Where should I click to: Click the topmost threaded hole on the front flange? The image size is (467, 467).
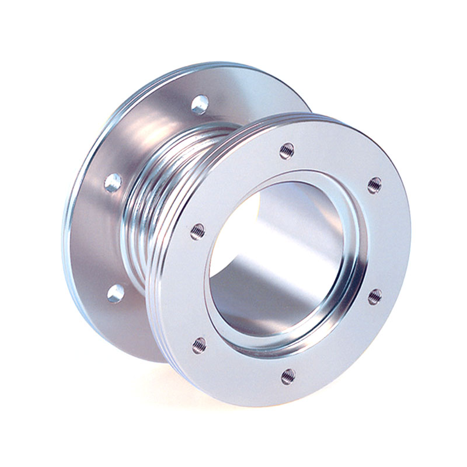point(287,151)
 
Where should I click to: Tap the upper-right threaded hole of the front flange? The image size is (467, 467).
point(374,185)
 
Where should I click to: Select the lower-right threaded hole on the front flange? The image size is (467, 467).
point(375,296)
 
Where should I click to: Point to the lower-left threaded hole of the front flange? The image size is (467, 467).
point(200,344)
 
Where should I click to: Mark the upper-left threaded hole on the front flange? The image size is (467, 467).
point(198,231)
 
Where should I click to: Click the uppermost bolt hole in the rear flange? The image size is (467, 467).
point(200,104)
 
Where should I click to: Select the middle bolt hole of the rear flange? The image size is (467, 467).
point(113,183)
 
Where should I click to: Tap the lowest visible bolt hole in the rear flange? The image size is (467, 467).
point(116,293)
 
